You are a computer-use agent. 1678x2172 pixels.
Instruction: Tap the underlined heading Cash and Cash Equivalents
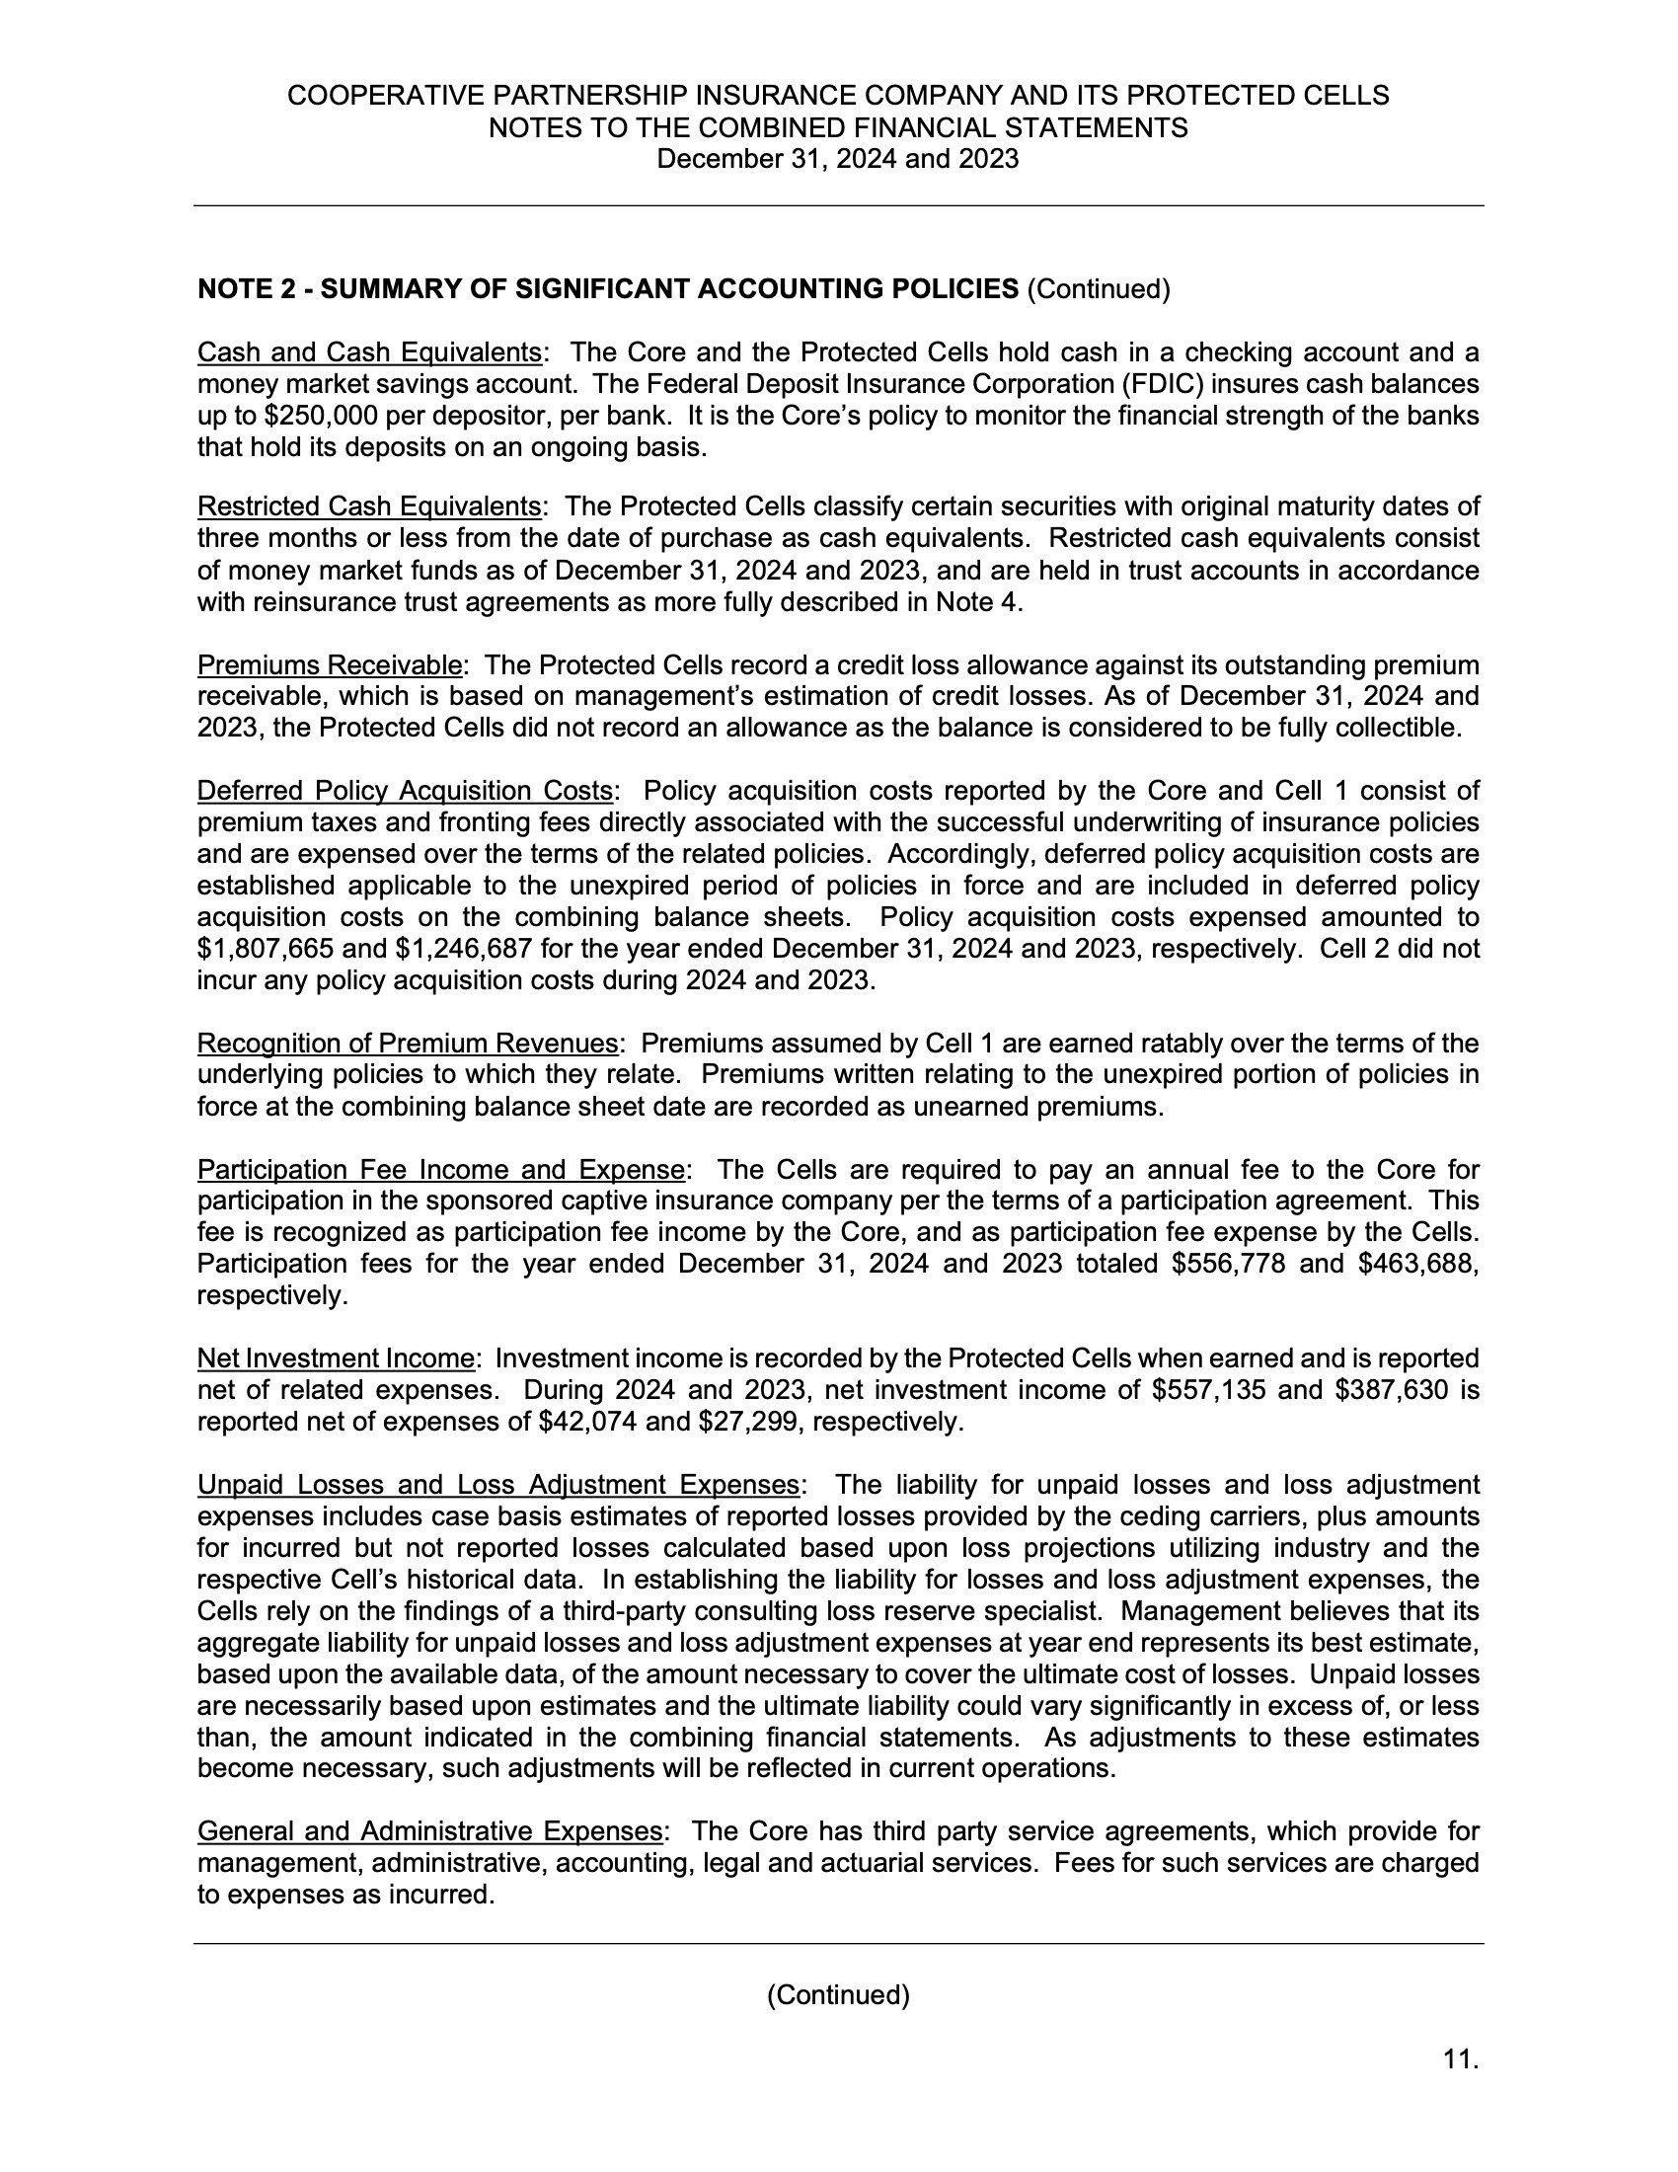pyautogui.click(x=369, y=353)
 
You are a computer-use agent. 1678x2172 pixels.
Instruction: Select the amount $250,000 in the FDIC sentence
pyautogui.click(x=300, y=416)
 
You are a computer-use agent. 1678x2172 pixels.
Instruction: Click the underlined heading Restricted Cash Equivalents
pyautogui.click(x=369, y=507)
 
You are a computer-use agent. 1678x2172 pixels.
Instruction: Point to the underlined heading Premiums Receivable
pyautogui.click(x=330, y=665)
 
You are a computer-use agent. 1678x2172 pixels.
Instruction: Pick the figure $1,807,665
pyautogui.click(x=262, y=949)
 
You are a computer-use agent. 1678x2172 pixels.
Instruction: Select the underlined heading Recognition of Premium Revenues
pyautogui.click(x=408, y=1044)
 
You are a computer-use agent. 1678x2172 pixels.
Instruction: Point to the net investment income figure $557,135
pyautogui.click(x=1208, y=1390)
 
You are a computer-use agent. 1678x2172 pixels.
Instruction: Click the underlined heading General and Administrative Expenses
pyautogui.click(x=429, y=1830)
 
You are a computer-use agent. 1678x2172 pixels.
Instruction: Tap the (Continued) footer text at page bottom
pyautogui.click(x=838, y=1995)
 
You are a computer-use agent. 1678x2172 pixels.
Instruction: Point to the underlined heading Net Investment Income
pyautogui.click(x=336, y=1358)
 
